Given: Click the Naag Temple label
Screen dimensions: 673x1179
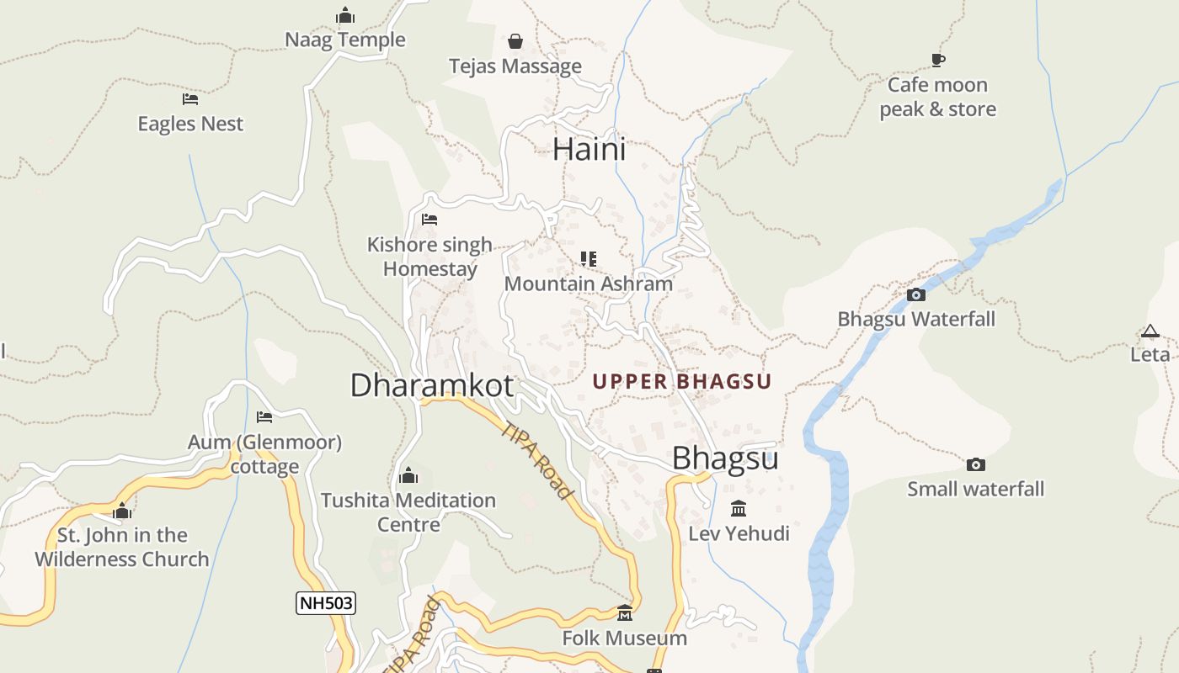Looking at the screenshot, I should pos(345,40).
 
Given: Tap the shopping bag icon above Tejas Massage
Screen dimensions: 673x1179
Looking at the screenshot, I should pos(515,41).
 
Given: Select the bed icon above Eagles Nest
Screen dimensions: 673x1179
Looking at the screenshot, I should pos(190,99).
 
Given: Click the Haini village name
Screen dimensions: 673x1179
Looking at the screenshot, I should pos(589,150).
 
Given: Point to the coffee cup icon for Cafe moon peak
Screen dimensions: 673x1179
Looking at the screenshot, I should pos(937,60).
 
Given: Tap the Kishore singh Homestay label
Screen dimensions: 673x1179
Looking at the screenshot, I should pos(429,257).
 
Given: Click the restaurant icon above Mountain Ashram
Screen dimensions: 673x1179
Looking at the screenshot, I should pos(589,258).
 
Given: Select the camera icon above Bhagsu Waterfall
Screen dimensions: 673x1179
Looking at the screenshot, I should pos(916,294).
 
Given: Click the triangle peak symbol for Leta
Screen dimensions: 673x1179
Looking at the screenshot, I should pos(1150,331).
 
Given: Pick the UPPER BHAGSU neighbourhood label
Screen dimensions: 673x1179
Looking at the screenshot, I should pos(682,382).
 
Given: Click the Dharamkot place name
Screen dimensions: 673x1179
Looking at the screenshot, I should pos(431,385).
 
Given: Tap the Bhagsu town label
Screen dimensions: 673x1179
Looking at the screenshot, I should pos(725,458).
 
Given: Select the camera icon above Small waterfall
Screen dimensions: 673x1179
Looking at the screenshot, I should pos(975,464).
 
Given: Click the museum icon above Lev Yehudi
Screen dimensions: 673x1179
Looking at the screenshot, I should pos(739,508).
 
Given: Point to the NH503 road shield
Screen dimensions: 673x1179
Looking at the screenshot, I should pos(326,602).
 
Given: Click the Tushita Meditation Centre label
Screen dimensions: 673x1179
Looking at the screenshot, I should pos(408,512).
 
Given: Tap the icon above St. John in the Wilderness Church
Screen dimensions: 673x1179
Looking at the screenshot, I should pos(122,511).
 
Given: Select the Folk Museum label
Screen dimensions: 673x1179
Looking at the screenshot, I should pos(625,638).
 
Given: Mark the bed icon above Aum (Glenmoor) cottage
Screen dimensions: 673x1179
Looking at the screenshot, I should pos(264,417).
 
